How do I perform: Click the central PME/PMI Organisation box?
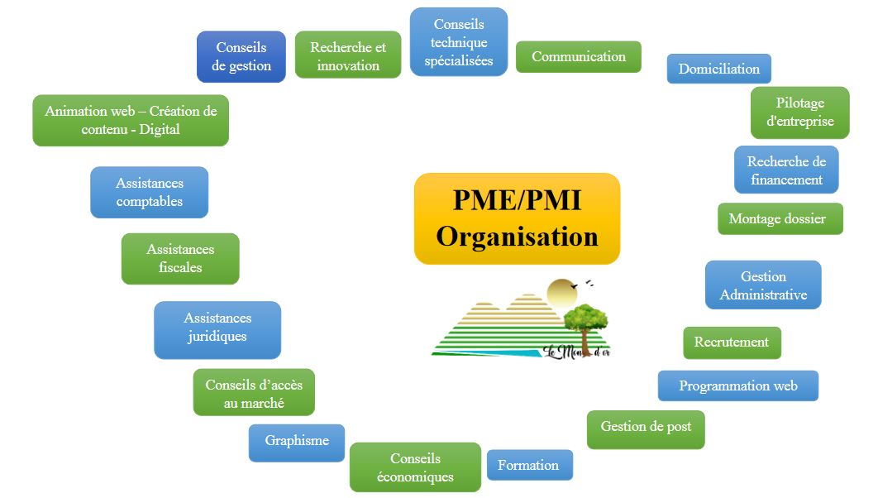(517, 218)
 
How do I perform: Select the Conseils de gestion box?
(241, 57)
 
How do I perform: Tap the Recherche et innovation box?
(348, 56)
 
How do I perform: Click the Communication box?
(579, 57)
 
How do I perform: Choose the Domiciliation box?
(718, 69)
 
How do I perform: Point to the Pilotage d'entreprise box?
(799, 113)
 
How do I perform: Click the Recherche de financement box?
(785, 170)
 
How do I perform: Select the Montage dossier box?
(780, 219)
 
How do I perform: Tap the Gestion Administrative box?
(763, 285)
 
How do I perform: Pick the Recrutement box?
(732, 342)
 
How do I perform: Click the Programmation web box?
(737, 386)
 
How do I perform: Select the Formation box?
(529, 465)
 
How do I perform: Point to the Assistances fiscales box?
(180, 259)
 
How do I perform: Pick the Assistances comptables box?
(149, 193)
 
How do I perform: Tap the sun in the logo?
(561, 291)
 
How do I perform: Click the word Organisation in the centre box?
(517, 237)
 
